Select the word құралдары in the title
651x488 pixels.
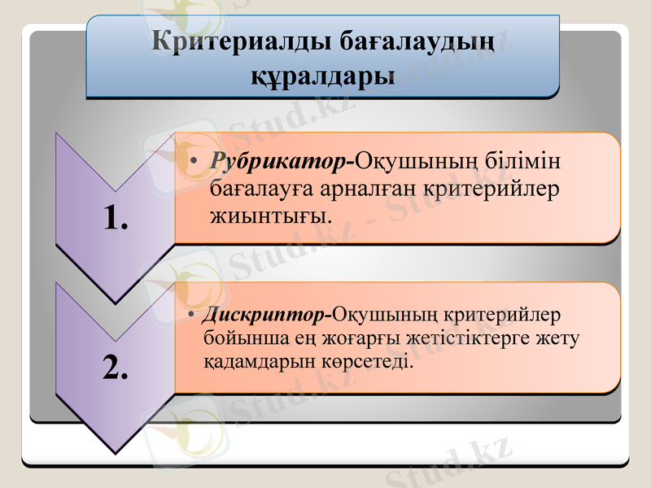tap(322, 76)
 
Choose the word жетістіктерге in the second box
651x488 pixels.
tap(483, 338)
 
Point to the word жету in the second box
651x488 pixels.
tap(561, 338)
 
